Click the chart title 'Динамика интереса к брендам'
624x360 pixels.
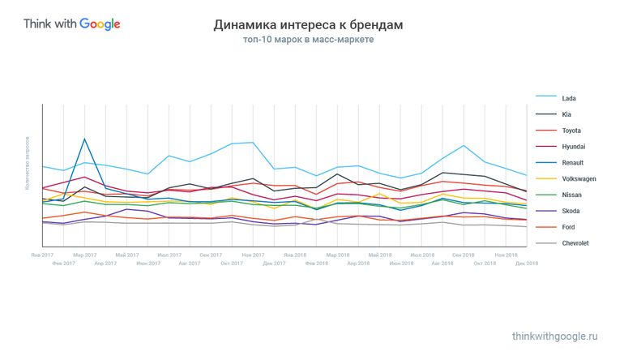tap(308, 25)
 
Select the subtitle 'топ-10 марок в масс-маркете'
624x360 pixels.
tap(308, 40)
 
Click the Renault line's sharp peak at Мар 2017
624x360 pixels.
tap(84, 139)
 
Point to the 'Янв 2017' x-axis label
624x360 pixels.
tap(41, 255)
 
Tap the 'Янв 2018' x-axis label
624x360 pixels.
tap(294, 255)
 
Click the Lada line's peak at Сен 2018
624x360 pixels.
tap(464, 145)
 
